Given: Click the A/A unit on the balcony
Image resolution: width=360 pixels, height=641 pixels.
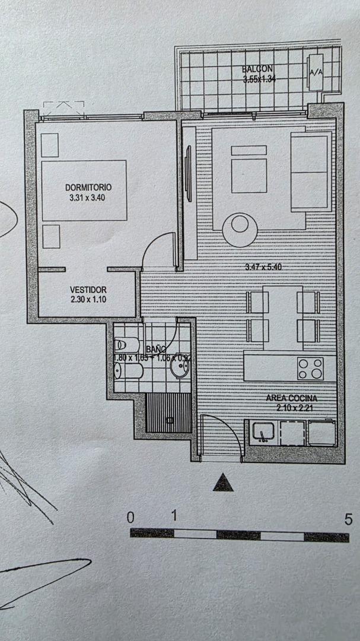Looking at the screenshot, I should (316, 73).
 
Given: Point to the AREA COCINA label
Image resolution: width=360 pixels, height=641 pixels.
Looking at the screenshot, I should (291, 398).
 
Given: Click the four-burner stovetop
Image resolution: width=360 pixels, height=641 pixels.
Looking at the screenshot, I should (310, 368).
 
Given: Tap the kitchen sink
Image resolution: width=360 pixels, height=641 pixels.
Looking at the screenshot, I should (261, 431).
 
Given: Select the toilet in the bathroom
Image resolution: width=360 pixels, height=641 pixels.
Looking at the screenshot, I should (126, 345).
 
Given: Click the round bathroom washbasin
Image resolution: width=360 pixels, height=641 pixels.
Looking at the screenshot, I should (179, 369).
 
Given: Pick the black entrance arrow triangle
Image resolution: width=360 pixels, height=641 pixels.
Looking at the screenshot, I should (223, 483).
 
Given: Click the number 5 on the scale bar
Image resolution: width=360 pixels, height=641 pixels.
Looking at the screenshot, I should (348, 519).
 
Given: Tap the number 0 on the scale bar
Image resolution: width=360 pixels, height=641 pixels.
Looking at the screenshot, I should (131, 517).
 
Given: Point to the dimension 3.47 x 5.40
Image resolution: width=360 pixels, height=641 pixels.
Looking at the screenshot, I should (263, 267).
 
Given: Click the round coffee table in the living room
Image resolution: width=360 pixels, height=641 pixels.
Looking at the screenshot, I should (240, 229).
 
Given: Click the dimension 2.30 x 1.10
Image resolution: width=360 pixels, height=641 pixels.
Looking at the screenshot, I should (87, 300).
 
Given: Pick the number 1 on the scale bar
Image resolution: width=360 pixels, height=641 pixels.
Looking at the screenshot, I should (174, 516).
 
